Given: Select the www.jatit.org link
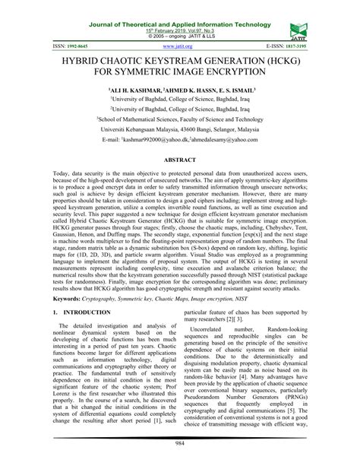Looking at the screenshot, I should tap(179, 46).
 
